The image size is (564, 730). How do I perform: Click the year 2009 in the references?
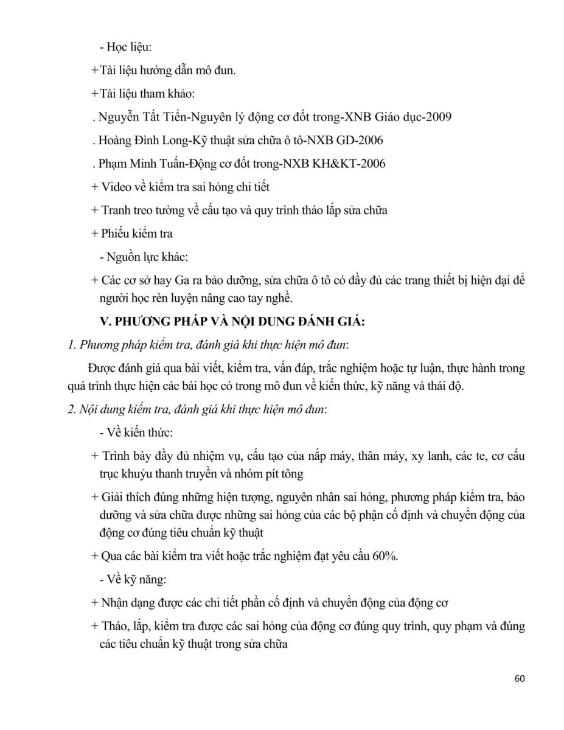[x=434, y=117]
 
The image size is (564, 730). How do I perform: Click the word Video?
[x=116, y=187]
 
